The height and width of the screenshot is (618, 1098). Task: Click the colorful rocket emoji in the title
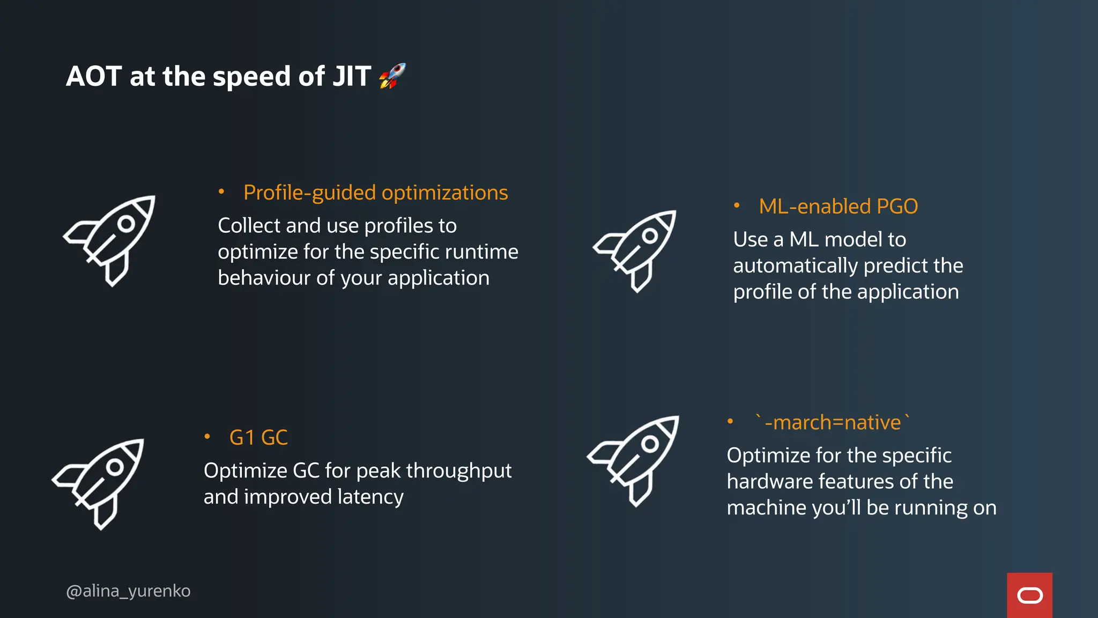392,76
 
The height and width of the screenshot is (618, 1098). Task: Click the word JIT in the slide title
352,76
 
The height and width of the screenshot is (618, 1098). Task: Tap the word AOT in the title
94,76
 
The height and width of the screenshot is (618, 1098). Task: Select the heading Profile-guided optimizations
375,193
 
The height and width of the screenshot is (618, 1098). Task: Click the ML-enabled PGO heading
838,207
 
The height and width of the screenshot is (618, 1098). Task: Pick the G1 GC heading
258,438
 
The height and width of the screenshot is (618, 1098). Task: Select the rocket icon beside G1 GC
100,483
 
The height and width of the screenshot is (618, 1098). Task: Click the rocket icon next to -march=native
635,460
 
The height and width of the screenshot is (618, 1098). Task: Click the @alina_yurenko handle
128,591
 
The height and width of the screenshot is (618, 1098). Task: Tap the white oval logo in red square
1029,595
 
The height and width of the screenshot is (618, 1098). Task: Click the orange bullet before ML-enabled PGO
737,205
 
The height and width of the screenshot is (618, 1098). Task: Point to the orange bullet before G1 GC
207,437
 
